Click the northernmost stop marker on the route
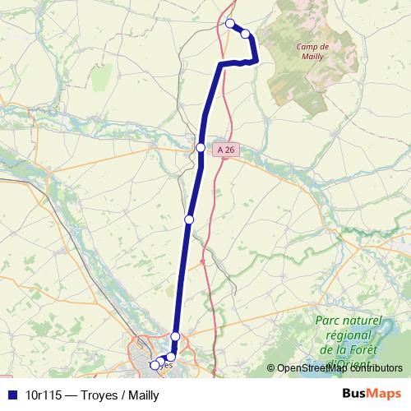(x=230, y=23)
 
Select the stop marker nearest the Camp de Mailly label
(x=245, y=33)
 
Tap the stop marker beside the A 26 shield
(x=201, y=147)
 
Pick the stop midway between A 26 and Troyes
(x=189, y=219)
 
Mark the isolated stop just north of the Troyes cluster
(x=175, y=336)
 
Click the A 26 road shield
(x=226, y=149)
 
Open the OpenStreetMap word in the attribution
(x=315, y=368)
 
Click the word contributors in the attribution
(x=377, y=368)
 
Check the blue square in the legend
(x=12, y=395)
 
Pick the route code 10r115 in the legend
(x=45, y=395)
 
